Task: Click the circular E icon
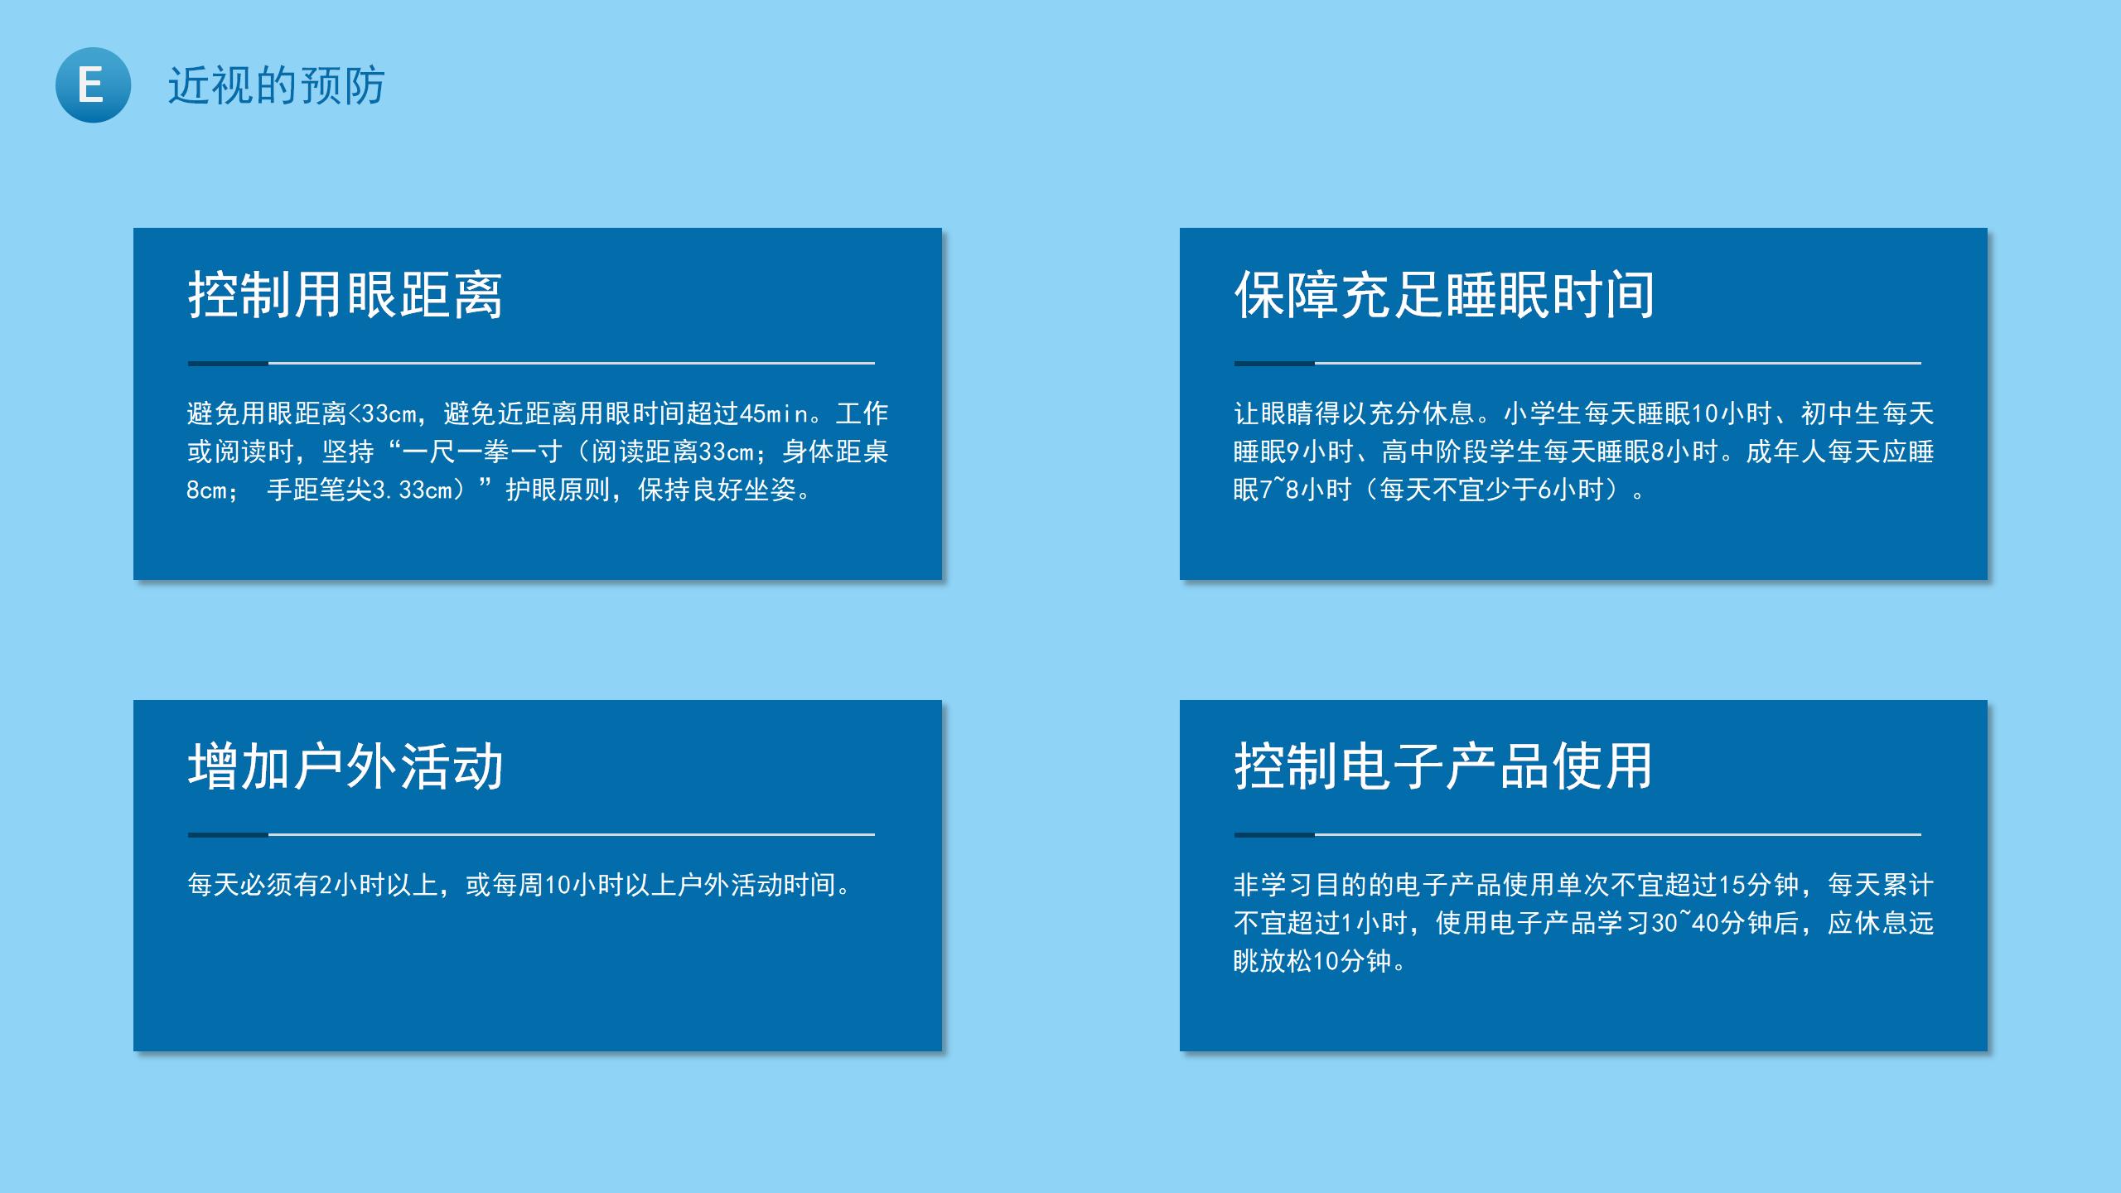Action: (x=93, y=85)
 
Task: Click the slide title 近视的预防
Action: (x=277, y=85)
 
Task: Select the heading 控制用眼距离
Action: (x=345, y=294)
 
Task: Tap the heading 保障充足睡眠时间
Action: (x=1444, y=294)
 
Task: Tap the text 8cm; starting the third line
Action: (x=213, y=490)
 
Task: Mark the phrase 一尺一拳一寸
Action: (x=483, y=452)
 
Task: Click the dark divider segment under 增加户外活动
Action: (x=228, y=834)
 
